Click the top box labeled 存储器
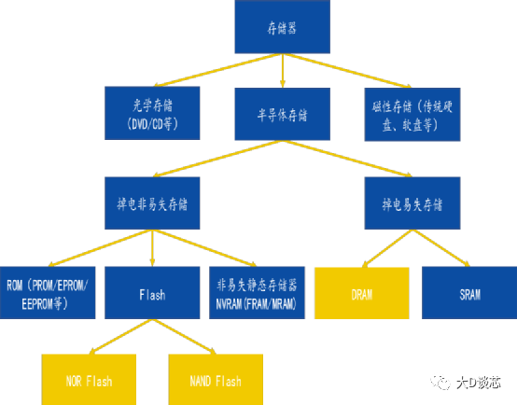tap(281, 29)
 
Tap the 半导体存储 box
tap(281, 115)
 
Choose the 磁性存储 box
tap(412, 115)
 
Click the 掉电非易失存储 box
tap(152, 202)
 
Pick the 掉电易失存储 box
tap(412, 202)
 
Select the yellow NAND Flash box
tap(215, 380)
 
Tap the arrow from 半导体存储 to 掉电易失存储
tap(345, 159)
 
